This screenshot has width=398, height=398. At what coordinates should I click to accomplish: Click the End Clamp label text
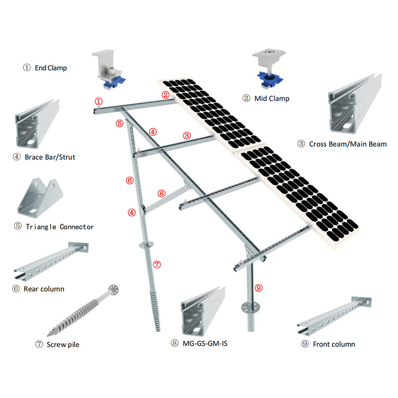pos(50,68)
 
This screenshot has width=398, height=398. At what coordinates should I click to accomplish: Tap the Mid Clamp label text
pos(272,99)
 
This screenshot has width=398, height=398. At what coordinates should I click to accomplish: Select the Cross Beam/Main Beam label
pos(348,144)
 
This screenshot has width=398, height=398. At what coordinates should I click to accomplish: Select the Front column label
pos(334,344)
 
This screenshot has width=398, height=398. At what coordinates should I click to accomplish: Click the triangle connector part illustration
pos(42,199)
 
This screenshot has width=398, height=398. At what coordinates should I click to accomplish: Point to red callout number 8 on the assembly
pos(161,194)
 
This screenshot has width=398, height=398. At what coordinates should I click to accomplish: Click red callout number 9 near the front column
pos(258,287)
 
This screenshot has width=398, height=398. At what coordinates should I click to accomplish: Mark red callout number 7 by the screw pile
pos(157,265)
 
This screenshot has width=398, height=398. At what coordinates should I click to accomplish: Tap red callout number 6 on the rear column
pos(130,181)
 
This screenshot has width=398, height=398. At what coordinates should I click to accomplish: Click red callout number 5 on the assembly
pos(119,123)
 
